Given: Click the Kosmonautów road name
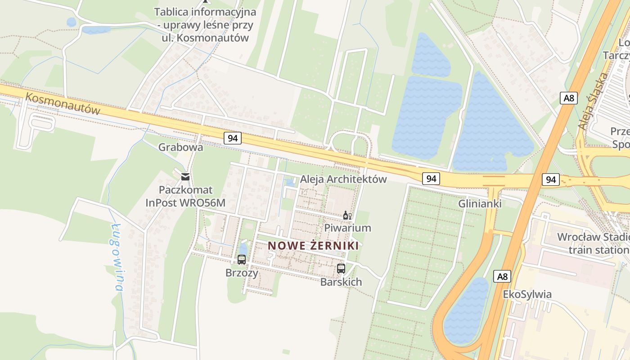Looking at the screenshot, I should (63, 104).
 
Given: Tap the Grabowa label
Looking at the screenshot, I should (180, 147).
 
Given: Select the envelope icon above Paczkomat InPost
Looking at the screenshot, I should (185, 176).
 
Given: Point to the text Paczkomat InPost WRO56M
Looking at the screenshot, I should (185, 197).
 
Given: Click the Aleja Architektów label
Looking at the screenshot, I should (343, 179).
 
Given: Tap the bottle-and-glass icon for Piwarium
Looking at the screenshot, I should (347, 216).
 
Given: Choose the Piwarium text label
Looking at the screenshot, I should (348, 228).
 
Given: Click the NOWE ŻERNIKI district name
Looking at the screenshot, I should (313, 246).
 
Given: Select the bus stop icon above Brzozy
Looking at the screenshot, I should (242, 260).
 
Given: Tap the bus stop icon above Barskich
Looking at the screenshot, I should (341, 269).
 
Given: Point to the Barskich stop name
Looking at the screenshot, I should (341, 282).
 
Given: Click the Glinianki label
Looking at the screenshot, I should (480, 204).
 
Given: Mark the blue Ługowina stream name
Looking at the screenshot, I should (117, 256).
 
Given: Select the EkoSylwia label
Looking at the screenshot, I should (527, 294).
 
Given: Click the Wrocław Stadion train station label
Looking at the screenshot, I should (593, 243).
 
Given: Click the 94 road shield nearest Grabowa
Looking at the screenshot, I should (233, 138).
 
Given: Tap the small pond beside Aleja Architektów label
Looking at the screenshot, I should (291, 182).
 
